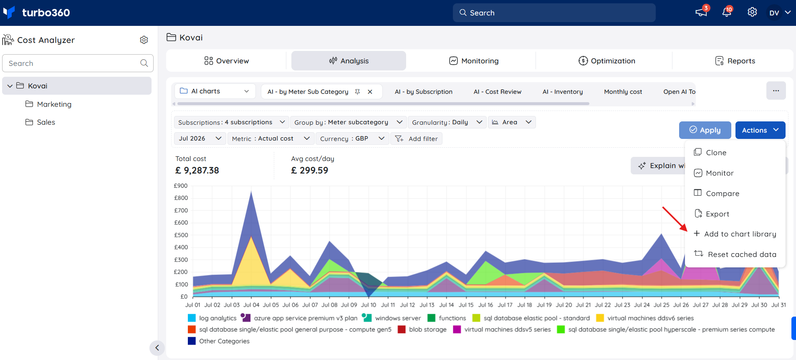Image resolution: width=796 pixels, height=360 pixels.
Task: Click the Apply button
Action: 705,130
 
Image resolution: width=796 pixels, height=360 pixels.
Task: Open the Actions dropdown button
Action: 760,130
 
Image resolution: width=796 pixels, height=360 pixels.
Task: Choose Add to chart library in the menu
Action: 735,234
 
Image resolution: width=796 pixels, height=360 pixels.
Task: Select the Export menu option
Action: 712,214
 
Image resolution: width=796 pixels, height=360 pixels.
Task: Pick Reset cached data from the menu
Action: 735,254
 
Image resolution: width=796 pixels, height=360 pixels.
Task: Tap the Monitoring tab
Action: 474,61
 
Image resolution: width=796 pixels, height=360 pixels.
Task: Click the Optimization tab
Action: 607,61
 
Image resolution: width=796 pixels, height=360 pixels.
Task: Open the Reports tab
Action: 735,61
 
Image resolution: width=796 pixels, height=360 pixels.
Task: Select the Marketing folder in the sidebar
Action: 48,104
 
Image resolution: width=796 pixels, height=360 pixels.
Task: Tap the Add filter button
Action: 416,138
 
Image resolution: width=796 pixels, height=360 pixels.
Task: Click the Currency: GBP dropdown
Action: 352,138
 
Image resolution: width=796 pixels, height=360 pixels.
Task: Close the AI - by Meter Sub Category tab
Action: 370,92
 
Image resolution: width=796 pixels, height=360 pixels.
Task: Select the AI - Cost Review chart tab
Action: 498,92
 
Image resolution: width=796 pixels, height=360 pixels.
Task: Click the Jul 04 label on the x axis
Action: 251,305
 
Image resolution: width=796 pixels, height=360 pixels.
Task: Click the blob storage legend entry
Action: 422,330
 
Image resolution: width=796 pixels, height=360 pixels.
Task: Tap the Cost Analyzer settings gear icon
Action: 144,40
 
